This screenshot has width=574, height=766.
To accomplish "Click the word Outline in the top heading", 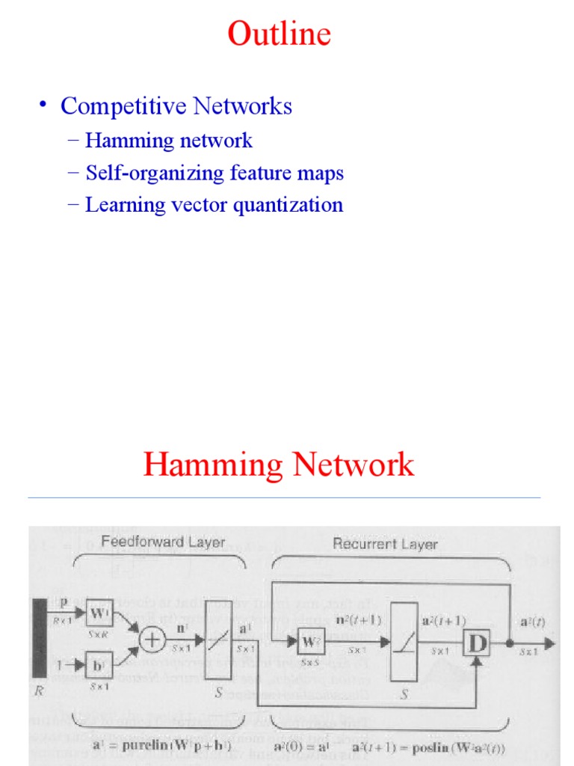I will pos(279,34).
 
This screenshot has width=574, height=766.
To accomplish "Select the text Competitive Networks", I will pos(176,106).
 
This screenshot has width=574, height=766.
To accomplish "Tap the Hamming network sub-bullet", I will pos(169,141).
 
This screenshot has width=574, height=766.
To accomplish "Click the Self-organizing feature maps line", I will pos(215,173).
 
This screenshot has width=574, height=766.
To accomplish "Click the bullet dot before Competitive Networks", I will pos(45,105).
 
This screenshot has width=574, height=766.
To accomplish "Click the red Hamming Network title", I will pos(278,465).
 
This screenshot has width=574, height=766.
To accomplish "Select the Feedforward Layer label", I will pos(163,542).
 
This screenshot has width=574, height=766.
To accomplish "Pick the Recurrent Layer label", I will pos(385,544).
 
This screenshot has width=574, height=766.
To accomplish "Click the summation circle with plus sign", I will pos(153,640).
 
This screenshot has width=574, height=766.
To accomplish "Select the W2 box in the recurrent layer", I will pos(310,641).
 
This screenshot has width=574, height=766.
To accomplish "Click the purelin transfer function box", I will pos(219,641).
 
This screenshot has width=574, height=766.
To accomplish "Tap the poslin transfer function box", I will pos(405,641).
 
